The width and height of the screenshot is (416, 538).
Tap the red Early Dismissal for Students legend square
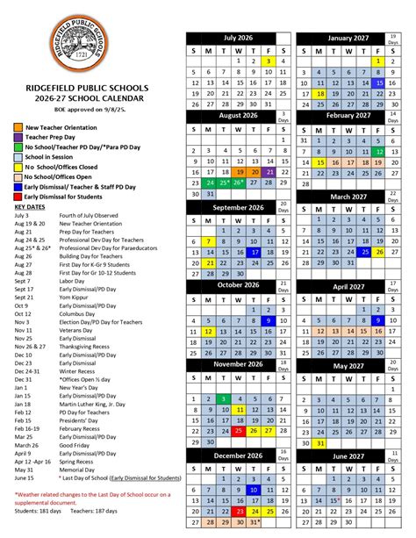[x=18, y=197]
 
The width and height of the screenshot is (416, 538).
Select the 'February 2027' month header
[x=348, y=116]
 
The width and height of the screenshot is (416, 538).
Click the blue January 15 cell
[x=378, y=83]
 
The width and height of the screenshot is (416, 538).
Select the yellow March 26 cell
[x=378, y=252]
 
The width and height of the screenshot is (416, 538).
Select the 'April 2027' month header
[x=348, y=285]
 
